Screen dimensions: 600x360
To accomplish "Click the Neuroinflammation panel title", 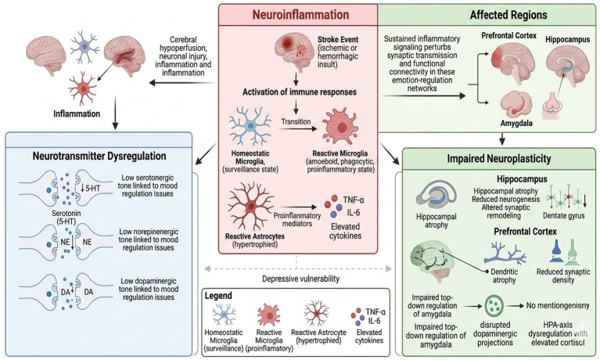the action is [300, 15].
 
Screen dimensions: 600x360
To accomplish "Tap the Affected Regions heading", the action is [508, 15].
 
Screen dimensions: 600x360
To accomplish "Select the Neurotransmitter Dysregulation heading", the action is [99, 156].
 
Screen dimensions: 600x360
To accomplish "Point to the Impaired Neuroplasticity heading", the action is [499, 159].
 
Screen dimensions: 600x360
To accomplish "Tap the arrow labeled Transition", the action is [298, 129].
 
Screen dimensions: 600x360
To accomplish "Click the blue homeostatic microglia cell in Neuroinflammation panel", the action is [250, 126].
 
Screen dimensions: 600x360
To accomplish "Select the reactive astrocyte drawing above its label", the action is [250, 206].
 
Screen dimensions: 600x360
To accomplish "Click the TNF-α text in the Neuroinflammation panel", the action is [353, 200].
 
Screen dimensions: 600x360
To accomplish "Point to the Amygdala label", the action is [516, 124].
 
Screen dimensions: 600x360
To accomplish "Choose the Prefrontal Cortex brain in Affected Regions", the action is [512, 64].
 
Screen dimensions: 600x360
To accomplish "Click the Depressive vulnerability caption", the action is [300, 279].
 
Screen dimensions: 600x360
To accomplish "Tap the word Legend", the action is [218, 296].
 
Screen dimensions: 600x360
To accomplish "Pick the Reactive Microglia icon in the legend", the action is [268, 315].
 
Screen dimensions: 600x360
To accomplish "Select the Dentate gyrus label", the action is [564, 216].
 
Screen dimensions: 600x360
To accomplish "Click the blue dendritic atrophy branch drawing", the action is [505, 253].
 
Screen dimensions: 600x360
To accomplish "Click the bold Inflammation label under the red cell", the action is [77, 113].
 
